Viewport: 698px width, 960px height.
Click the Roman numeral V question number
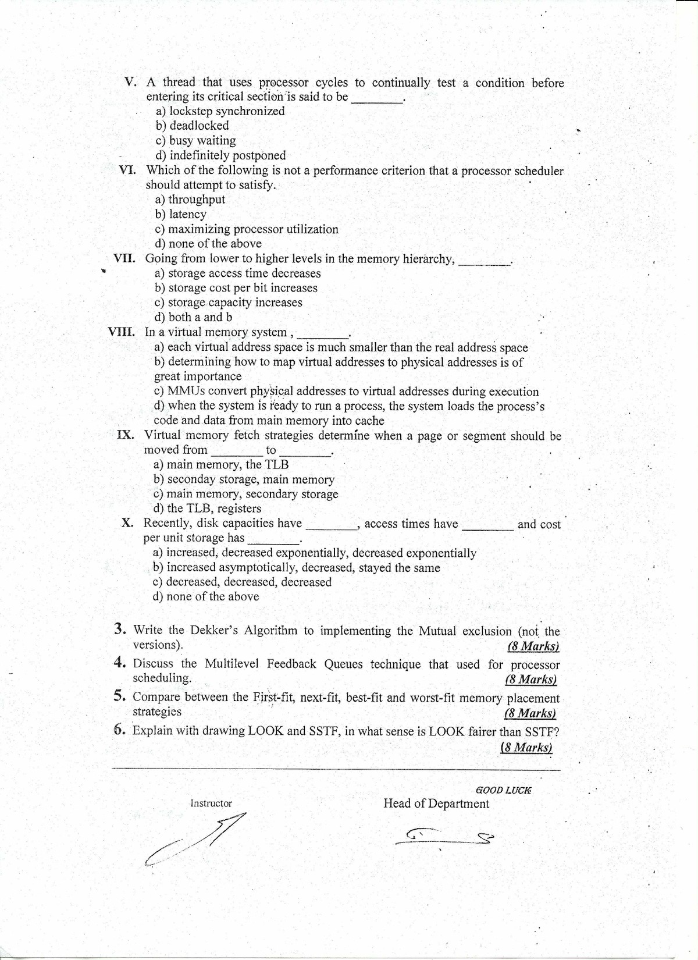coord(131,82)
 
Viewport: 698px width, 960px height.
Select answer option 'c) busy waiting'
coord(195,141)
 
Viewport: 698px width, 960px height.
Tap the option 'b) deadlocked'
coord(192,126)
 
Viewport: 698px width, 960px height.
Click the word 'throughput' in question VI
coord(197,200)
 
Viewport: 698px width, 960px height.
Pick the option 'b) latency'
coord(180,214)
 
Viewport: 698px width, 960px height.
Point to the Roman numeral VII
coord(124,258)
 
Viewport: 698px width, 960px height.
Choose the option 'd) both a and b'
coord(193,317)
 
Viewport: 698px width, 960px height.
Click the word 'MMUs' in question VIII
coord(186,391)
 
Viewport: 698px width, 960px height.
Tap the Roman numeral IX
coord(126,435)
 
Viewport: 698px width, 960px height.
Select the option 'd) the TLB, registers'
coord(207,509)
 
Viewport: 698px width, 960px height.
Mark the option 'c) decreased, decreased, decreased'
coord(242,582)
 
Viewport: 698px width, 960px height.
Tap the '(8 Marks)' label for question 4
coord(531,680)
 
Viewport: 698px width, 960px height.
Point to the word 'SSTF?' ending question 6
coord(542,731)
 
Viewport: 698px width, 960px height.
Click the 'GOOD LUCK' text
coord(504,790)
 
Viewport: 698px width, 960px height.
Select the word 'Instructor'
coord(211,803)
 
